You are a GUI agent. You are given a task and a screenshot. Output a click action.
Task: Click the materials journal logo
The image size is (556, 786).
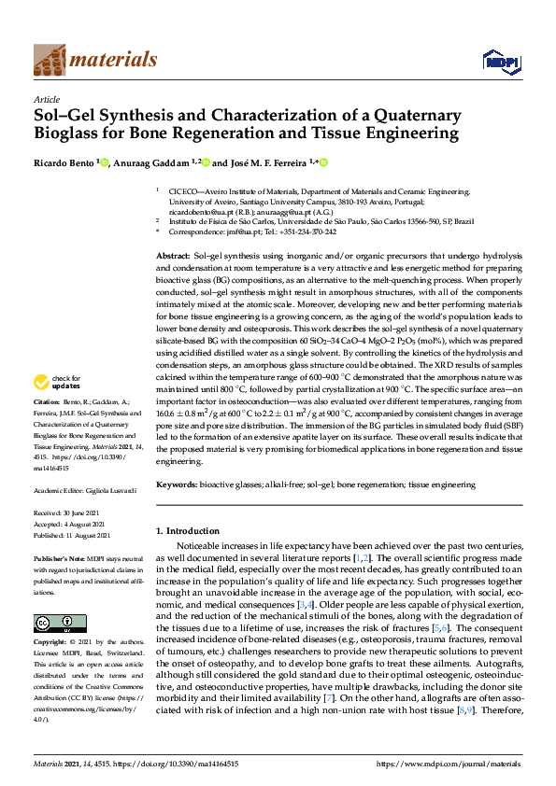(x=94, y=60)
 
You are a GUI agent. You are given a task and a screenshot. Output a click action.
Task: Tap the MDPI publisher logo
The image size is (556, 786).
(x=500, y=62)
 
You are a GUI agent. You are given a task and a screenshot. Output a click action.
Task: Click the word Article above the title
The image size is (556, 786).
(x=46, y=99)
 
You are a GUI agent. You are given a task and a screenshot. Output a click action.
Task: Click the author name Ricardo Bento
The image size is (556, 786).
(x=64, y=163)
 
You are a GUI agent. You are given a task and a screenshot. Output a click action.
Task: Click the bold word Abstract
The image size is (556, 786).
(x=173, y=256)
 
